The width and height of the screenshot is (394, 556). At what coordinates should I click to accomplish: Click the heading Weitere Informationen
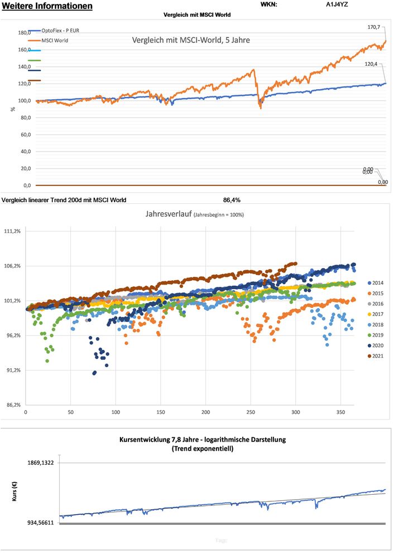tap(47, 6)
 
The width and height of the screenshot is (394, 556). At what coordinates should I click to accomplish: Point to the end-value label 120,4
tap(379, 64)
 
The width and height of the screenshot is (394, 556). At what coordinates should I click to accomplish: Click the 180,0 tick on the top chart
tap(24, 32)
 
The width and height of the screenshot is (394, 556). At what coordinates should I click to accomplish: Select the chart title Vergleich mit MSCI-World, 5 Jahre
tap(190, 40)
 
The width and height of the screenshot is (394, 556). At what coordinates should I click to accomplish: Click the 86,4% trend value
tap(232, 199)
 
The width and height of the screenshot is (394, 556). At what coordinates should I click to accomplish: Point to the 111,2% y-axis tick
tap(12, 231)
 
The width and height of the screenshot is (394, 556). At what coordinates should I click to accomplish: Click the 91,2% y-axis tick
tap(12, 370)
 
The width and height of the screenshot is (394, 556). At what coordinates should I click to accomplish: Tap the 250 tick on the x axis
tap(251, 412)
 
